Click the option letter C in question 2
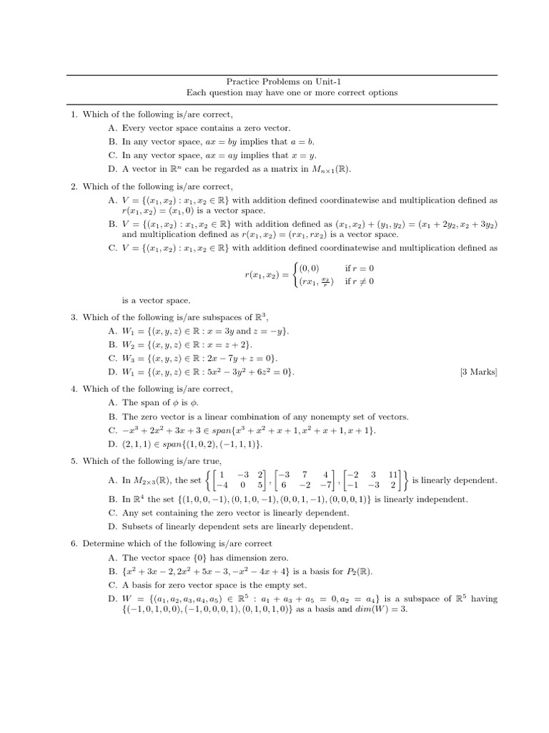tap(112, 248)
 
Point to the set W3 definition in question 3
tap(193, 358)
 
